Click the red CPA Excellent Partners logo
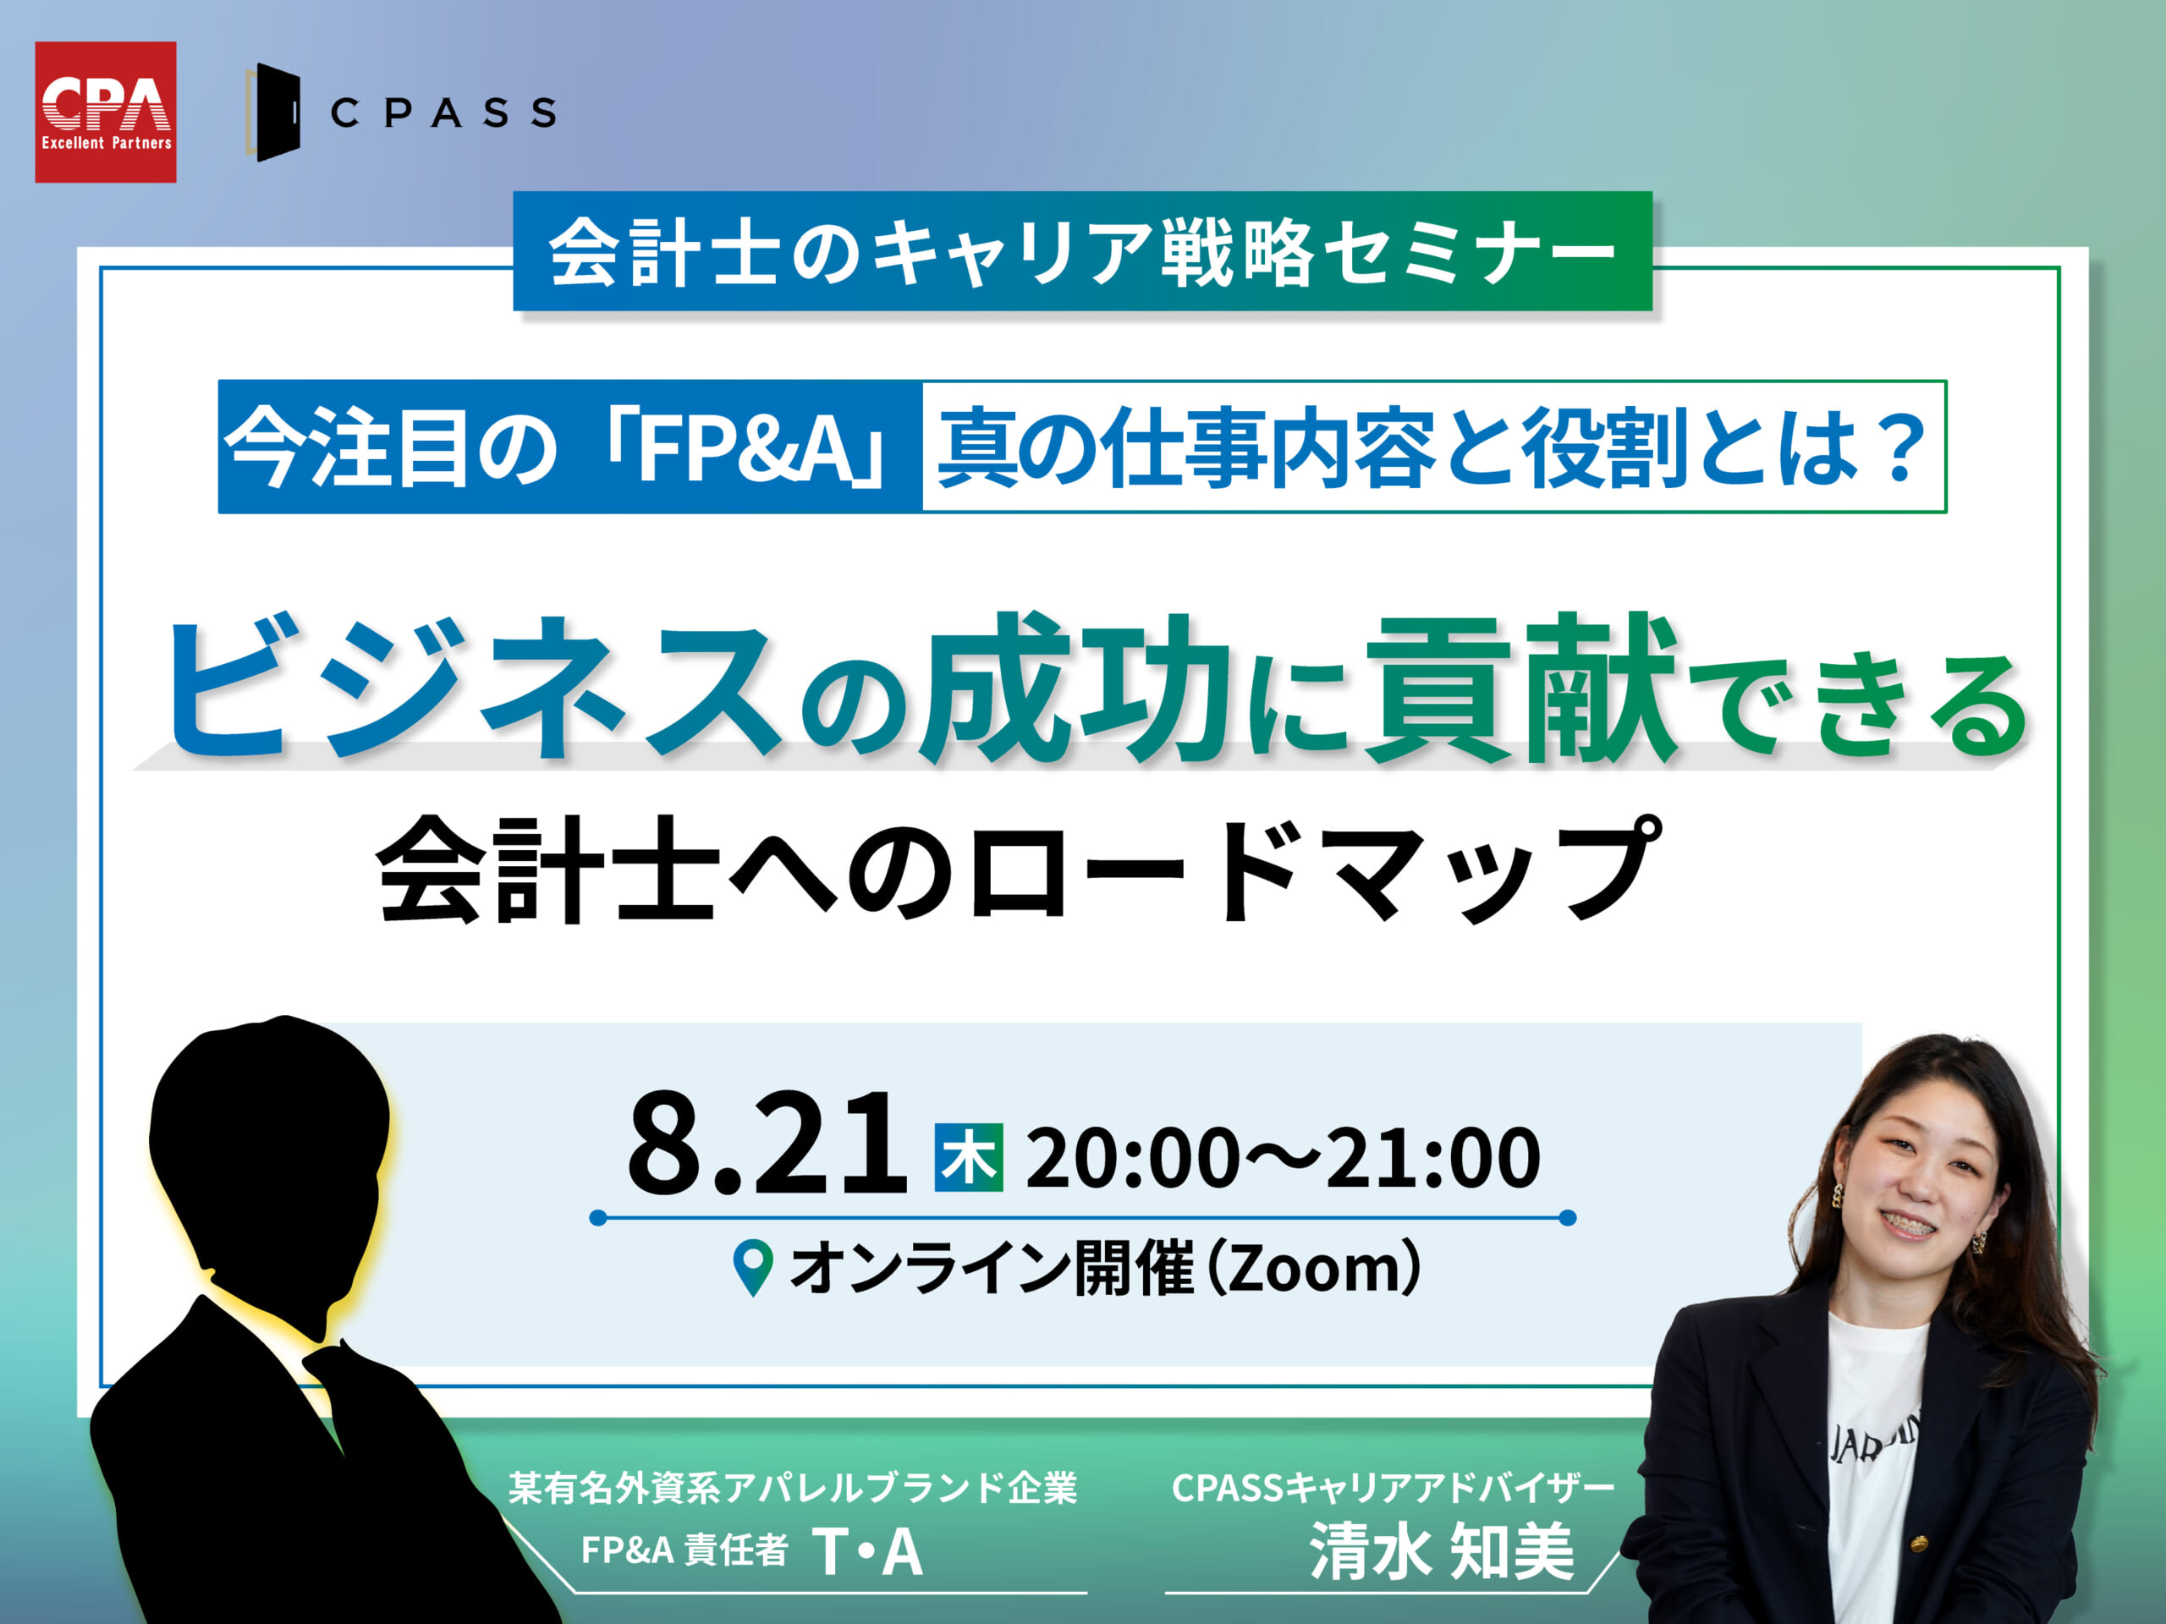coord(106,112)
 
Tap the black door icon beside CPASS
coord(273,112)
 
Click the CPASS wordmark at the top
coord(443,112)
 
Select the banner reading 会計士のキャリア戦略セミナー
coord(1082,251)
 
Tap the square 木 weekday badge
coord(969,1157)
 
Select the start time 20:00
coord(1131,1157)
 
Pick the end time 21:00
coord(1432,1157)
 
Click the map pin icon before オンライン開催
coord(753,1269)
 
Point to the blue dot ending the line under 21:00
coord(1567,1218)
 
